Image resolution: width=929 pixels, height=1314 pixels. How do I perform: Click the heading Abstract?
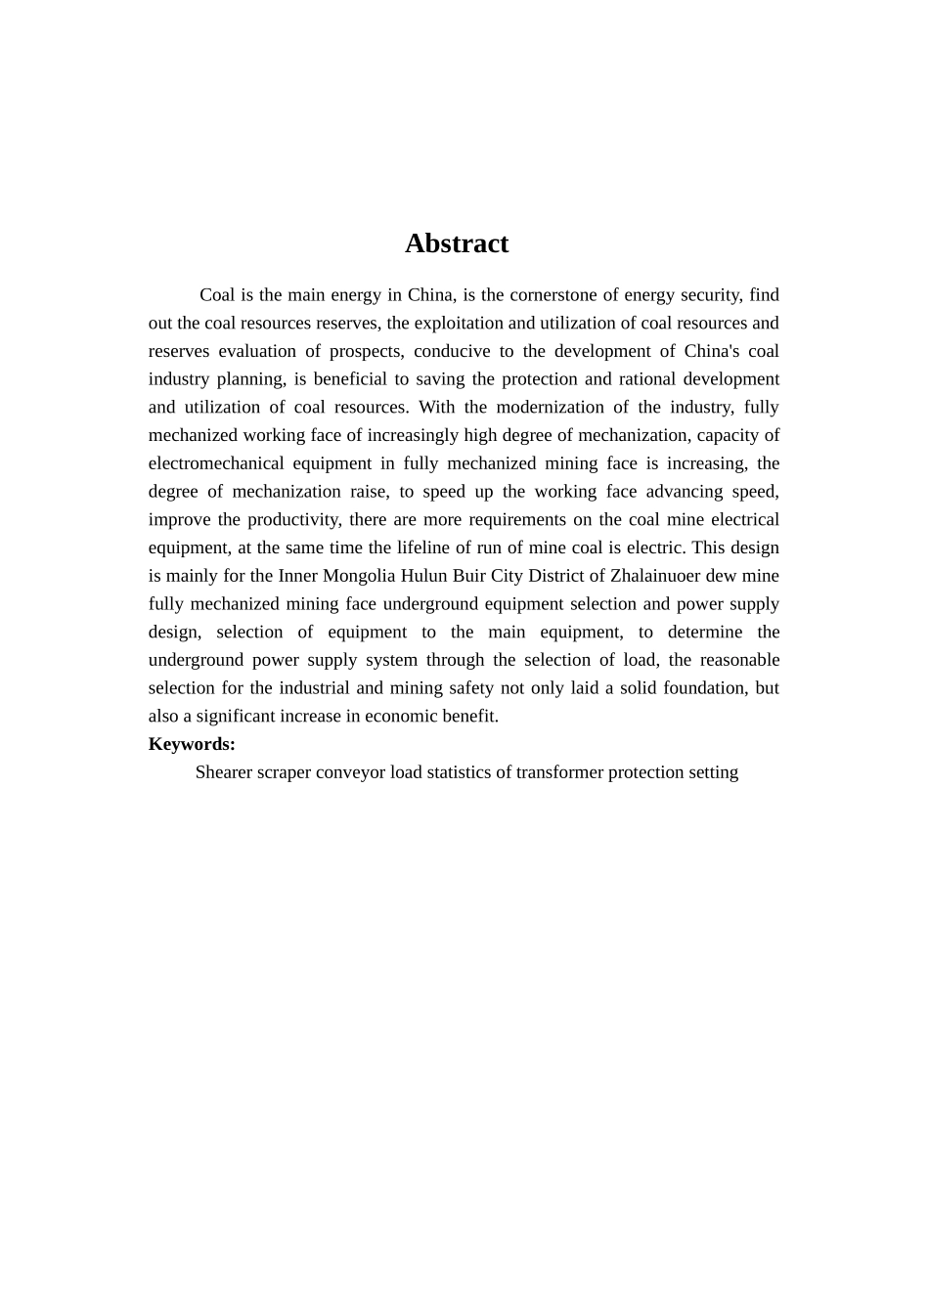(457, 243)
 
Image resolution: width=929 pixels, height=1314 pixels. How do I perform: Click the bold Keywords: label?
(192, 744)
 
